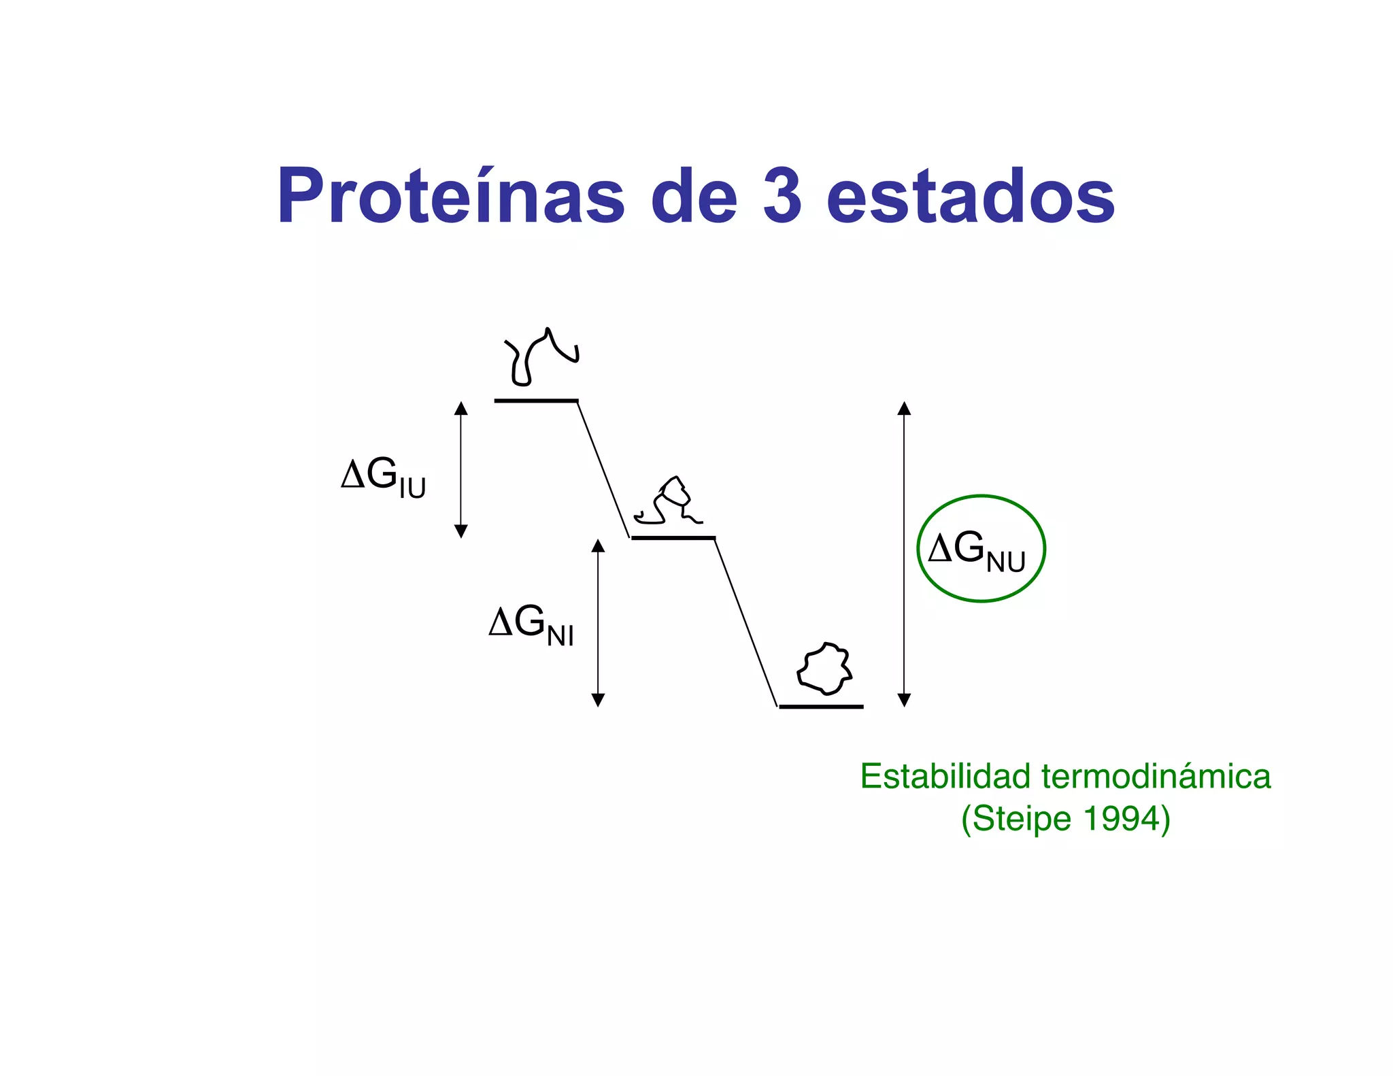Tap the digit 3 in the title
point(782,196)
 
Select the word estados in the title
point(971,196)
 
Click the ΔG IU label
point(383,477)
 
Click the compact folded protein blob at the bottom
point(825,669)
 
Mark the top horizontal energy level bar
point(536,401)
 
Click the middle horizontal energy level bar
point(673,538)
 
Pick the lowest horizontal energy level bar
point(821,707)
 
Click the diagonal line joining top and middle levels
point(603,469)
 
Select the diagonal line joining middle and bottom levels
point(746,622)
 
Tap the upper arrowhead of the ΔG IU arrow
point(461,408)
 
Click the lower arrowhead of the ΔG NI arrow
point(598,700)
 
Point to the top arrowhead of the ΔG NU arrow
point(904,408)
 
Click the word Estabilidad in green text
point(945,776)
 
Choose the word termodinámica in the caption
point(1156,776)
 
